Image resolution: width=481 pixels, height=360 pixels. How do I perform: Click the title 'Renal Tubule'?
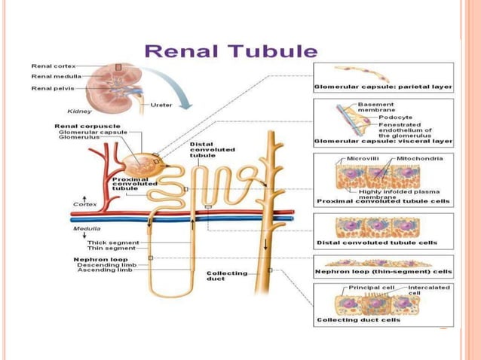[231, 52]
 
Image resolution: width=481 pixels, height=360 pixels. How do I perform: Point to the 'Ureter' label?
[162, 103]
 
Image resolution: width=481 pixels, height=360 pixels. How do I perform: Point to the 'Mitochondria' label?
[421, 159]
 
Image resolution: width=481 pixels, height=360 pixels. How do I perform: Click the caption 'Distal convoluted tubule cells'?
[377, 243]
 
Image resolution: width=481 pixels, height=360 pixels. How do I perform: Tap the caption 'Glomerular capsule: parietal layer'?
[384, 87]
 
